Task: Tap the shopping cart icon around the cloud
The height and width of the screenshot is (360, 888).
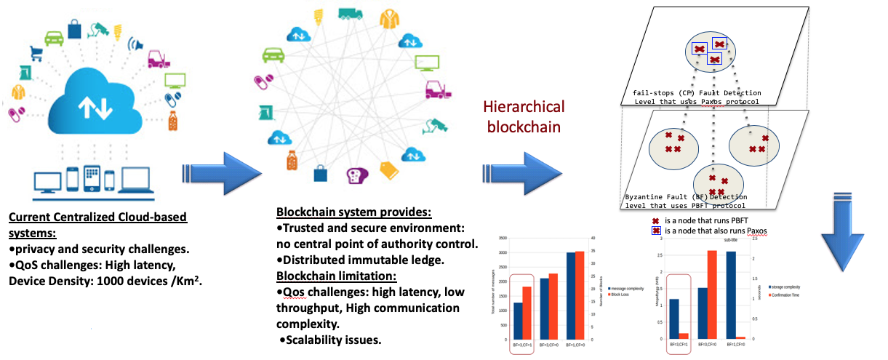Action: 53,37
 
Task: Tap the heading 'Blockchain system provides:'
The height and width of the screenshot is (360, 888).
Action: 354,212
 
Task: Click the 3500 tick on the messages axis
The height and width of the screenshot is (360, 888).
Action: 501,239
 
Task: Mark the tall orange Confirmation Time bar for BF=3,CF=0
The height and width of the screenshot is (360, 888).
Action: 712,295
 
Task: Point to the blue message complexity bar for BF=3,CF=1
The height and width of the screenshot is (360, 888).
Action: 518,321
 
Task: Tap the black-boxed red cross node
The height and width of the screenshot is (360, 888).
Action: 719,45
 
